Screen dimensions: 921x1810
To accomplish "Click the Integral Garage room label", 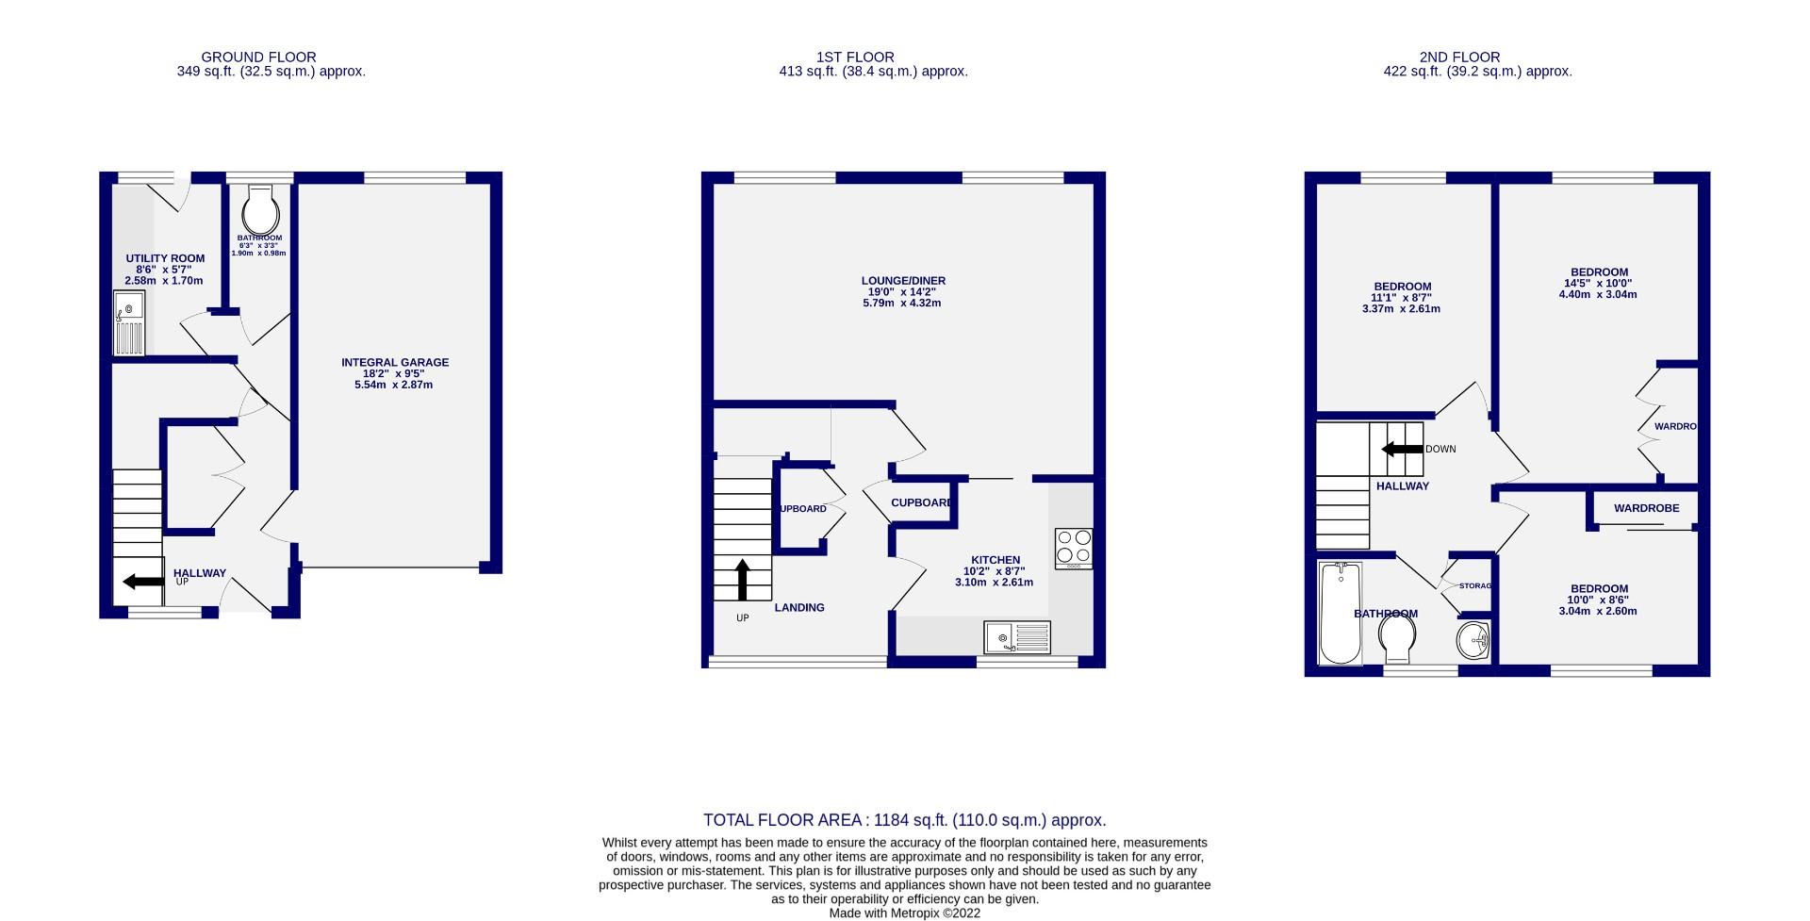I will click(395, 362).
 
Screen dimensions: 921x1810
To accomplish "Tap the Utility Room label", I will click(165, 258).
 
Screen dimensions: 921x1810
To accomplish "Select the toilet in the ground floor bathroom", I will click(261, 209).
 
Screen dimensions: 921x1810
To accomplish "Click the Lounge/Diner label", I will click(902, 281).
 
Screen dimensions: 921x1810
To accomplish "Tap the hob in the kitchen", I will click(1074, 547).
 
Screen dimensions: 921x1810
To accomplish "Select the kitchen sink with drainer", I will click(1016, 638).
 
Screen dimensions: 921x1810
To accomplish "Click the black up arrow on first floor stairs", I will click(742, 580).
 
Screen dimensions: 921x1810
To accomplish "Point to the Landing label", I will click(799, 608).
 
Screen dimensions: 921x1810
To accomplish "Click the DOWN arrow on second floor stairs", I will click(1403, 450).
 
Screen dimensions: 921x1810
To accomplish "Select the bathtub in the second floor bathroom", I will click(1340, 613).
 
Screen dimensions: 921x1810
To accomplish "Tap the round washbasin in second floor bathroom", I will click(1473, 641).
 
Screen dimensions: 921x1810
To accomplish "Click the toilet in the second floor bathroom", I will click(1397, 640).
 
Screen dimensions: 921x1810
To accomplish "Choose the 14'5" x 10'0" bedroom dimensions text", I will click(1597, 284).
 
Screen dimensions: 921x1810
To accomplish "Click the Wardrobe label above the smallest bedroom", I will click(1646, 508).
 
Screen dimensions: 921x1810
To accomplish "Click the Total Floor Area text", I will click(904, 820).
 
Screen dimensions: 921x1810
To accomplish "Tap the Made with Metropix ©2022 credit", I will click(904, 913).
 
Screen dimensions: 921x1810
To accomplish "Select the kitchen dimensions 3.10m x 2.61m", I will click(993, 583).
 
